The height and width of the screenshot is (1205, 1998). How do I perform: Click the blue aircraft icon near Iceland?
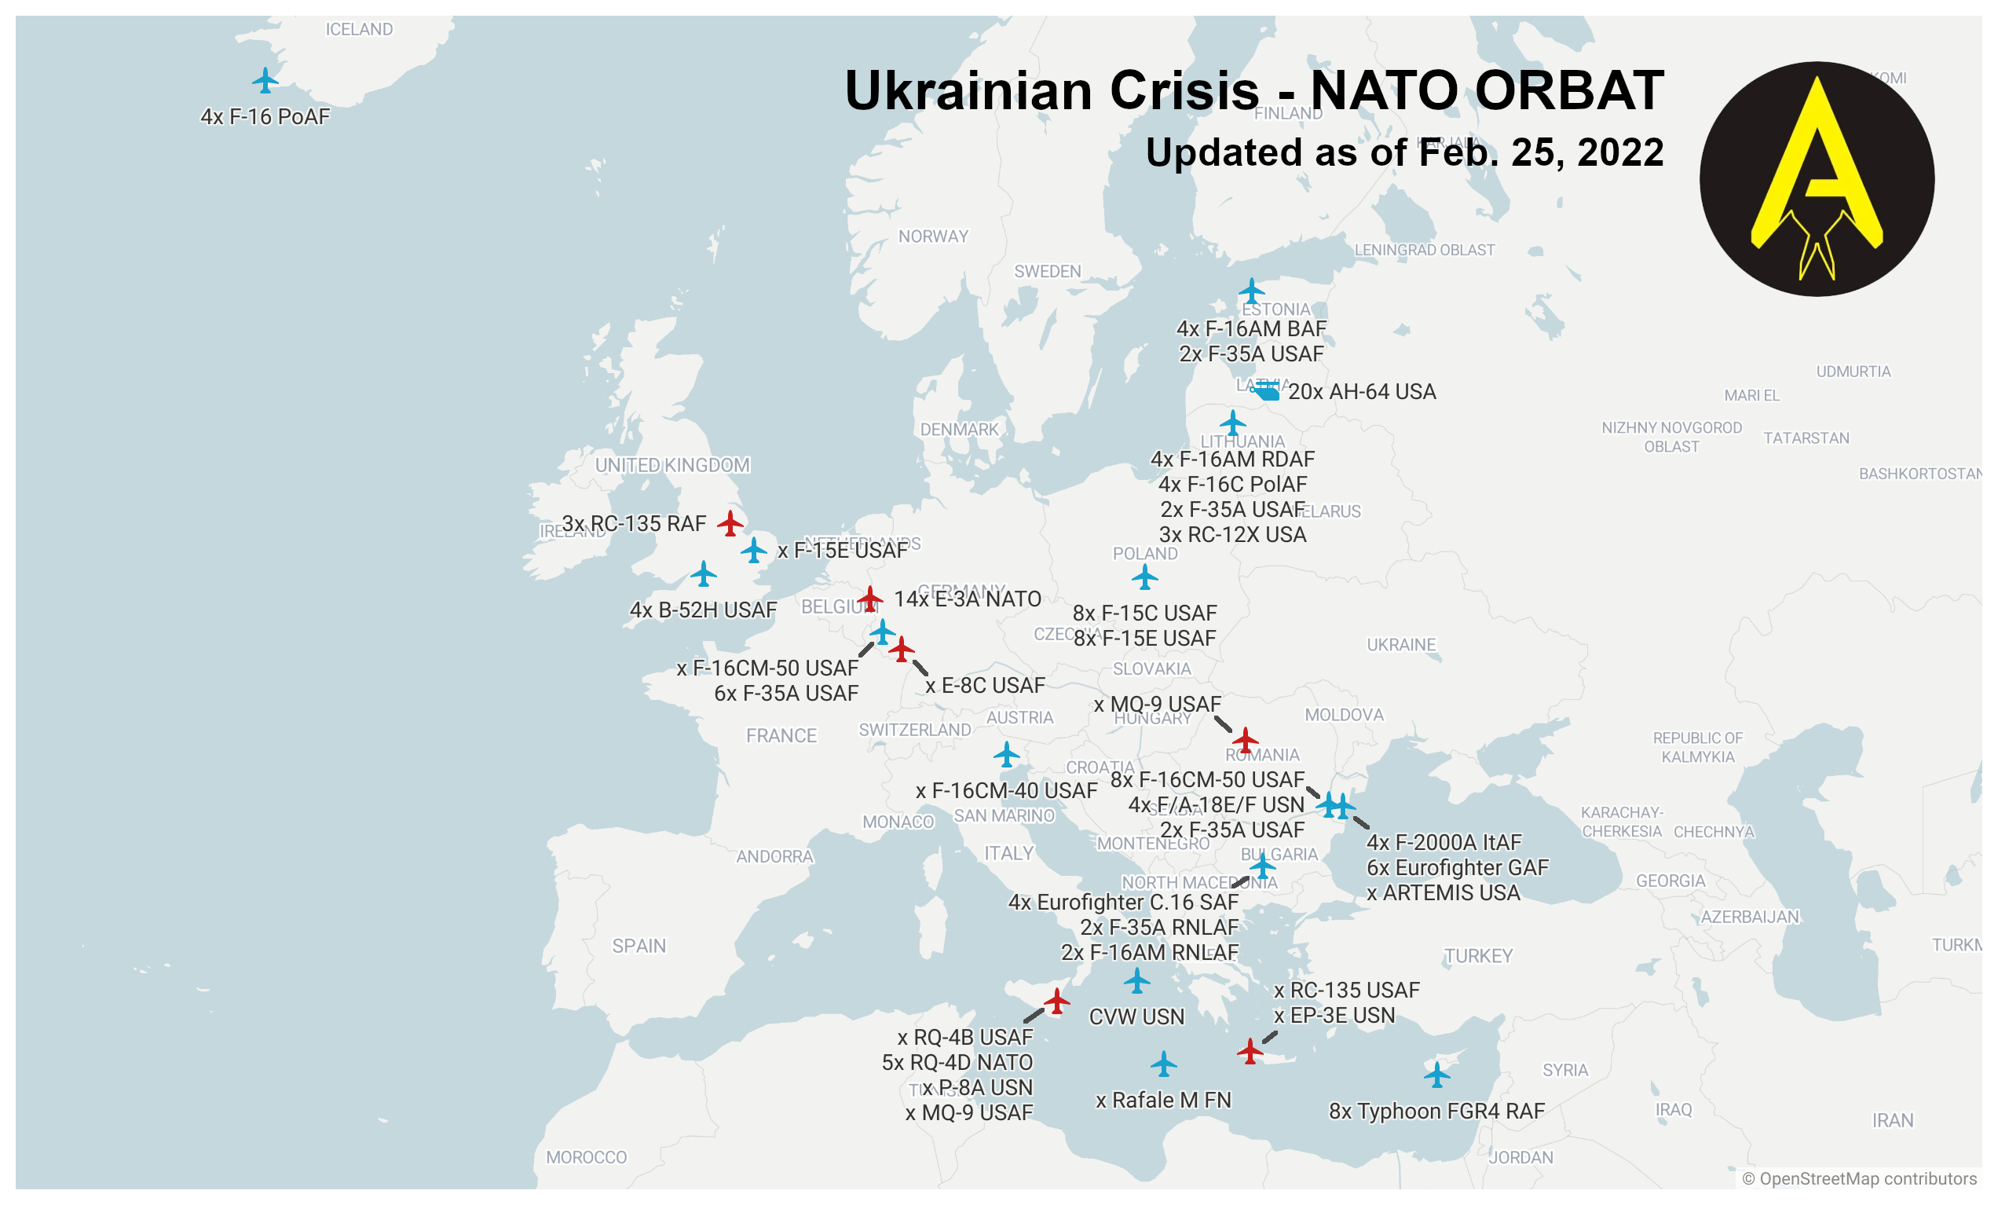click(265, 80)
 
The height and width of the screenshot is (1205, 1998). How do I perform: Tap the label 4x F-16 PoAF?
click(265, 117)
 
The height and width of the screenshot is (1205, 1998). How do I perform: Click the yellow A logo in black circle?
click(1817, 179)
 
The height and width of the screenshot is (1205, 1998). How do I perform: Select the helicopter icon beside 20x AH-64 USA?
click(1265, 392)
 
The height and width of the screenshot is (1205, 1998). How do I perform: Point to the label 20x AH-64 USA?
click(1363, 392)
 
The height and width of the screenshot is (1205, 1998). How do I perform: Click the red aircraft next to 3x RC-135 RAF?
click(730, 523)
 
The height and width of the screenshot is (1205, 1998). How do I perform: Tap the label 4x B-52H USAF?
click(703, 610)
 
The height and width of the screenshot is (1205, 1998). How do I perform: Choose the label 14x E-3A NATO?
click(968, 599)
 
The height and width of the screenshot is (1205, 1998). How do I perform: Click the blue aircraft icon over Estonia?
click(1251, 291)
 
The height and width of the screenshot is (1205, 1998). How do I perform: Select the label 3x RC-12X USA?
click(1232, 535)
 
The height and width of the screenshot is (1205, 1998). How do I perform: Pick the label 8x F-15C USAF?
click(1144, 613)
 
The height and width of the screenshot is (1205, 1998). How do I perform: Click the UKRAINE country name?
click(1401, 645)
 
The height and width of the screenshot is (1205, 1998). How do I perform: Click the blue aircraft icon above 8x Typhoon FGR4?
click(1436, 1075)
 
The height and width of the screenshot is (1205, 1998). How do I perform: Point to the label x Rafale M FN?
click(1163, 1101)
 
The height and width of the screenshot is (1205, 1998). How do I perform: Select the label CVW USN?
click(1136, 1017)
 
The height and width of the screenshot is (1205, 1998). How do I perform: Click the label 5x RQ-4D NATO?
click(957, 1062)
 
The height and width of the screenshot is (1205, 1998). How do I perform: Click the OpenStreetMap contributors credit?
click(1859, 1178)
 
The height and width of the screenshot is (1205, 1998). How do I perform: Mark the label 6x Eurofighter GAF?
click(1457, 868)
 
